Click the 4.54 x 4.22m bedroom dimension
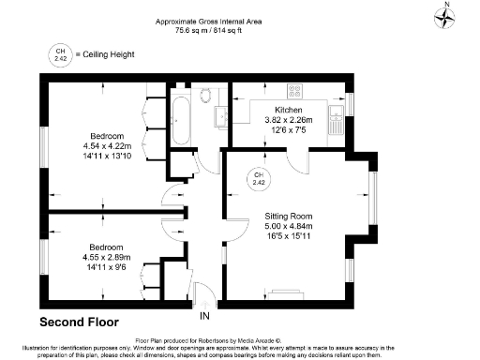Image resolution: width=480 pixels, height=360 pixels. pos(110,145)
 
